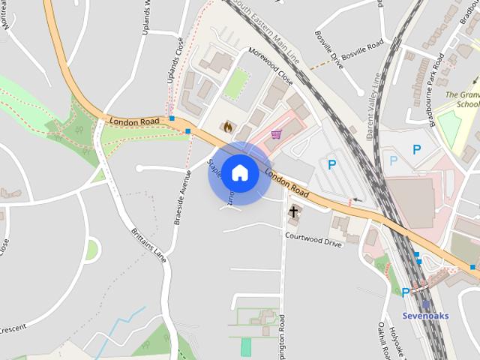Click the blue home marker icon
click(x=239, y=173)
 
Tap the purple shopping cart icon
click(x=277, y=134)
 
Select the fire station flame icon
click(x=226, y=127)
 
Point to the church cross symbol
click(x=293, y=212)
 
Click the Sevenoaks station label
click(x=425, y=316)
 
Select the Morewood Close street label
click(x=270, y=67)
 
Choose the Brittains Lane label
click(x=148, y=243)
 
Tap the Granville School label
click(x=463, y=100)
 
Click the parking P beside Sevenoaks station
click(x=406, y=293)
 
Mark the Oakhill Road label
click(x=382, y=340)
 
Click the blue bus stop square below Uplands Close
click(x=172, y=118)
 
